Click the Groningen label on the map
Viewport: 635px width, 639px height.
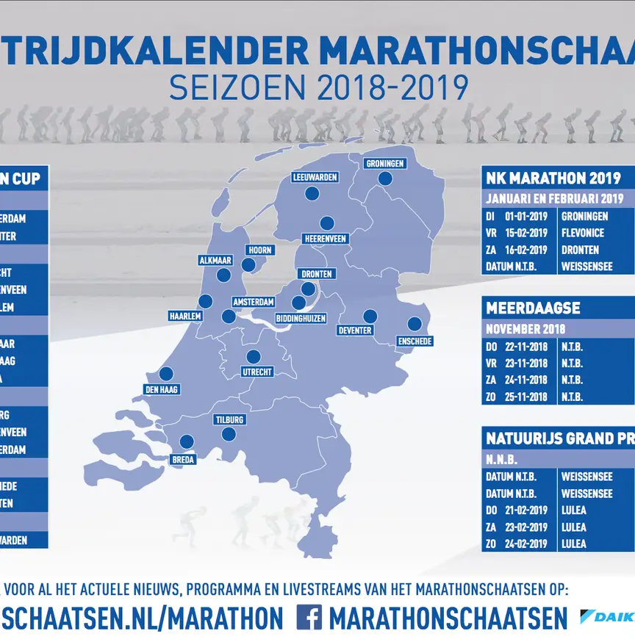(x=385, y=164)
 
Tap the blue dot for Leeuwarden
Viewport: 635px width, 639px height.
(x=312, y=194)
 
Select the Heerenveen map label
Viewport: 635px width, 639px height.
(x=325, y=239)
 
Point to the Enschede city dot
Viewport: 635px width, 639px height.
(x=415, y=324)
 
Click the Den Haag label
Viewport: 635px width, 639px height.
(x=162, y=389)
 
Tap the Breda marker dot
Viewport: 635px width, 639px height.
(x=187, y=441)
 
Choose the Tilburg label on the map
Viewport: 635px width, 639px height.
(x=230, y=420)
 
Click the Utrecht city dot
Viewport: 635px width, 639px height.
(x=254, y=357)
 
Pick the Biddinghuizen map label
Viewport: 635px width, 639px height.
(x=301, y=319)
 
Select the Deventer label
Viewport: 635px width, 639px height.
(x=355, y=331)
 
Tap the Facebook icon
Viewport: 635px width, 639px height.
(x=309, y=617)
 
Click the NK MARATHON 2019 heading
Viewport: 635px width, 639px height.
(x=553, y=178)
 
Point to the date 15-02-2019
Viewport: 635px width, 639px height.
(x=525, y=233)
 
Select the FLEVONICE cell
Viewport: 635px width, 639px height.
(x=583, y=233)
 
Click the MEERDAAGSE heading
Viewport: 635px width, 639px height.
(x=533, y=308)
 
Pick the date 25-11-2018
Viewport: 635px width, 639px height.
(x=525, y=397)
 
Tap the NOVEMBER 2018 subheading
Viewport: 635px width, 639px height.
(x=525, y=329)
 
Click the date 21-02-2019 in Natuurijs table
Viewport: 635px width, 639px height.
(x=525, y=510)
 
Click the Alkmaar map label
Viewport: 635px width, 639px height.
(x=215, y=261)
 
